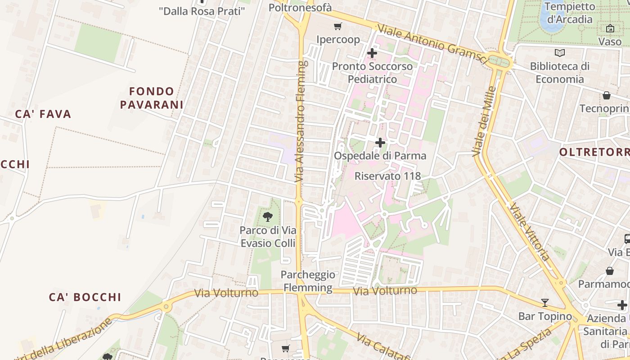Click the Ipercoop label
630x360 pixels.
(338, 40)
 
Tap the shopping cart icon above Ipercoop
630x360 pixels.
(337, 27)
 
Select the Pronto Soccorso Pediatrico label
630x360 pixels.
(372, 73)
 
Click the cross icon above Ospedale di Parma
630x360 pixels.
(380, 143)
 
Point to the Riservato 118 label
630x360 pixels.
(387, 176)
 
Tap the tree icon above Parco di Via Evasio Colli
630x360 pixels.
(268, 217)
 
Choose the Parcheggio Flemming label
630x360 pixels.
(308, 281)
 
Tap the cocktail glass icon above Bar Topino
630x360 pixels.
(545, 302)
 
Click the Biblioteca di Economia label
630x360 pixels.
(559, 73)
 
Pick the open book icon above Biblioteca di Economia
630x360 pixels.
(559, 53)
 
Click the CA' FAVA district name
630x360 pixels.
(43, 114)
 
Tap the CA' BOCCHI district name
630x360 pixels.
(85, 297)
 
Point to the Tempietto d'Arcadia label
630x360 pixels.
(569, 13)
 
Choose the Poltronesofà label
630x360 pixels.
(300, 7)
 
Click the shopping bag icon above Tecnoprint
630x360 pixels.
(607, 95)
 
